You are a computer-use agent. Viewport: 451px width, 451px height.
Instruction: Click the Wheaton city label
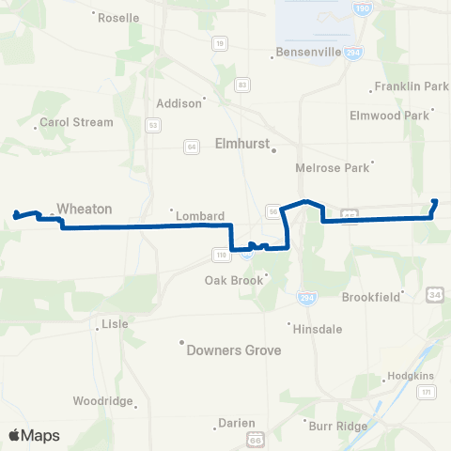point(85,209)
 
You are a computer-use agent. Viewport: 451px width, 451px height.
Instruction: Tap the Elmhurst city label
point(241,147)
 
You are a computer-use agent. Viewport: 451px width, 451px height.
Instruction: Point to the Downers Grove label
point(235,350)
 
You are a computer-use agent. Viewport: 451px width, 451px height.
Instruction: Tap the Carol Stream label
point(76,122)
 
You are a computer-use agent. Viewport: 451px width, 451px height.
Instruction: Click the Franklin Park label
point(411,86)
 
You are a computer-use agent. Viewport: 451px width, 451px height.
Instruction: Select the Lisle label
point(114,324)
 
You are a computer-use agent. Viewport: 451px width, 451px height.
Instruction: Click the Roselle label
point(118,18)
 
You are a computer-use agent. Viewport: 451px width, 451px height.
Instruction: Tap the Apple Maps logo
point(34,435)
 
